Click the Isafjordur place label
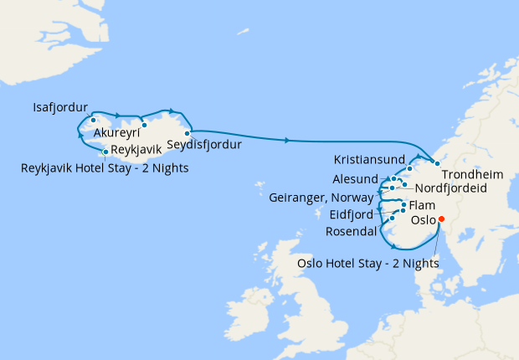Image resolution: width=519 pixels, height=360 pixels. coord(60,108)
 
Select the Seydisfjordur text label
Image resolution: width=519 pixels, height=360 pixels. coord(204,145)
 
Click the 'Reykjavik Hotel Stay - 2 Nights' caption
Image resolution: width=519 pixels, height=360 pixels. coord(105,168)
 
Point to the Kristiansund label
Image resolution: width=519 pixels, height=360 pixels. coord(369,158)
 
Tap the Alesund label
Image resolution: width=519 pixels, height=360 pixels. coord(355,179)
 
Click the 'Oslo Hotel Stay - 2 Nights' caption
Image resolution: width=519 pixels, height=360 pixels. coord(368,263)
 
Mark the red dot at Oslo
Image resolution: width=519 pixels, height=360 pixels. coord(442,220)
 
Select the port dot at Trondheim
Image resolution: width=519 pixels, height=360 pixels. coord(437,162)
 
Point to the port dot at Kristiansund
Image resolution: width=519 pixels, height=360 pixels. coord(409,169)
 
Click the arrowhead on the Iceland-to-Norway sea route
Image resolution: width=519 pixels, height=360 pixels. coord(289,140)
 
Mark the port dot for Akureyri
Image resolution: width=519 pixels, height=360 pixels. coord(144,125)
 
